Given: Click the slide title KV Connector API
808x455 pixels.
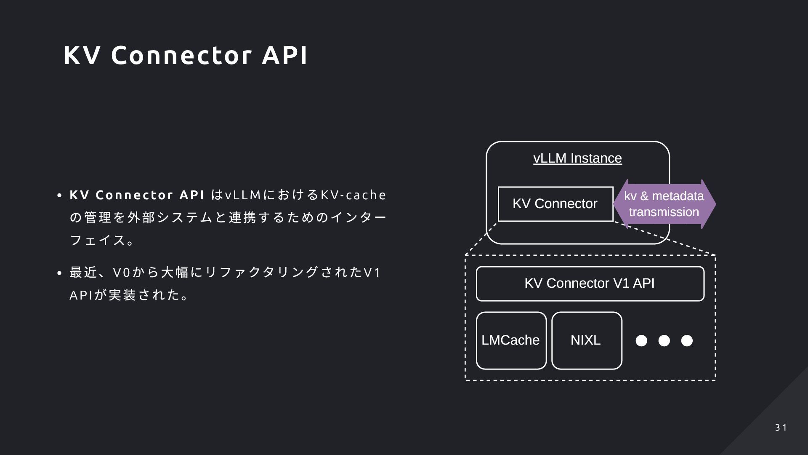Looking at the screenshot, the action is coord(186,55).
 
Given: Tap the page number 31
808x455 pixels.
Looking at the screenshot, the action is coord(781,428).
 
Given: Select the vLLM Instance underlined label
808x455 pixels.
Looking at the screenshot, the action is coord(577,158).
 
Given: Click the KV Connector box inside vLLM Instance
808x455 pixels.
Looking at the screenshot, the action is coord(555,204).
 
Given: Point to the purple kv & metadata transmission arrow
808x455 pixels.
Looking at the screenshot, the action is coord(664,204).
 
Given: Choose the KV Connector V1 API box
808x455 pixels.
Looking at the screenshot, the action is coord(590,284).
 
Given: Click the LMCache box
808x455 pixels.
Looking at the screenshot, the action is coord(511,340).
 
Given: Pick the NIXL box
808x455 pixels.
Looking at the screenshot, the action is coord(587,340).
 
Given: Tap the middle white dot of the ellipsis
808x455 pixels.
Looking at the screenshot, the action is coord(664,340).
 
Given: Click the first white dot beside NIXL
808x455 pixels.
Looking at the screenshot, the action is coord(641,340).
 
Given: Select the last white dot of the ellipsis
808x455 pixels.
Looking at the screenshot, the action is coord(687,340).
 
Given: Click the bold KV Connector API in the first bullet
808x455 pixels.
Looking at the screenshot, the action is coord(137,195).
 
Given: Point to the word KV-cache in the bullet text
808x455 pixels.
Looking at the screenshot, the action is coord(353,195).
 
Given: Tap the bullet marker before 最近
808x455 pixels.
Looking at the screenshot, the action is coord(59,273).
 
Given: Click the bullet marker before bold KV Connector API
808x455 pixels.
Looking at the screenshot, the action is coord(59,196).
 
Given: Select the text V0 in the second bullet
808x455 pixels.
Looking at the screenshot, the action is coord(120,273).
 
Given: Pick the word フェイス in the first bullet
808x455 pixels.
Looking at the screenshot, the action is coord(98,240).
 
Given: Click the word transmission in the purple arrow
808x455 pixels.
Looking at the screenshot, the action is coord(664,212).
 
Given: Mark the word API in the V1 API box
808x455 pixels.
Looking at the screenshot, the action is coord(643,283).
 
